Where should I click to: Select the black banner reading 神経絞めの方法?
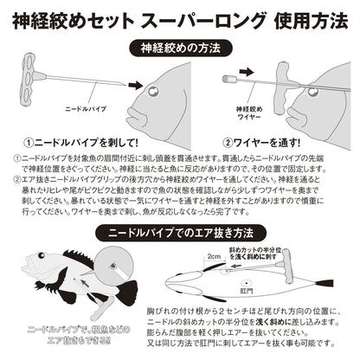pyautogui.click(x=180, y=48)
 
